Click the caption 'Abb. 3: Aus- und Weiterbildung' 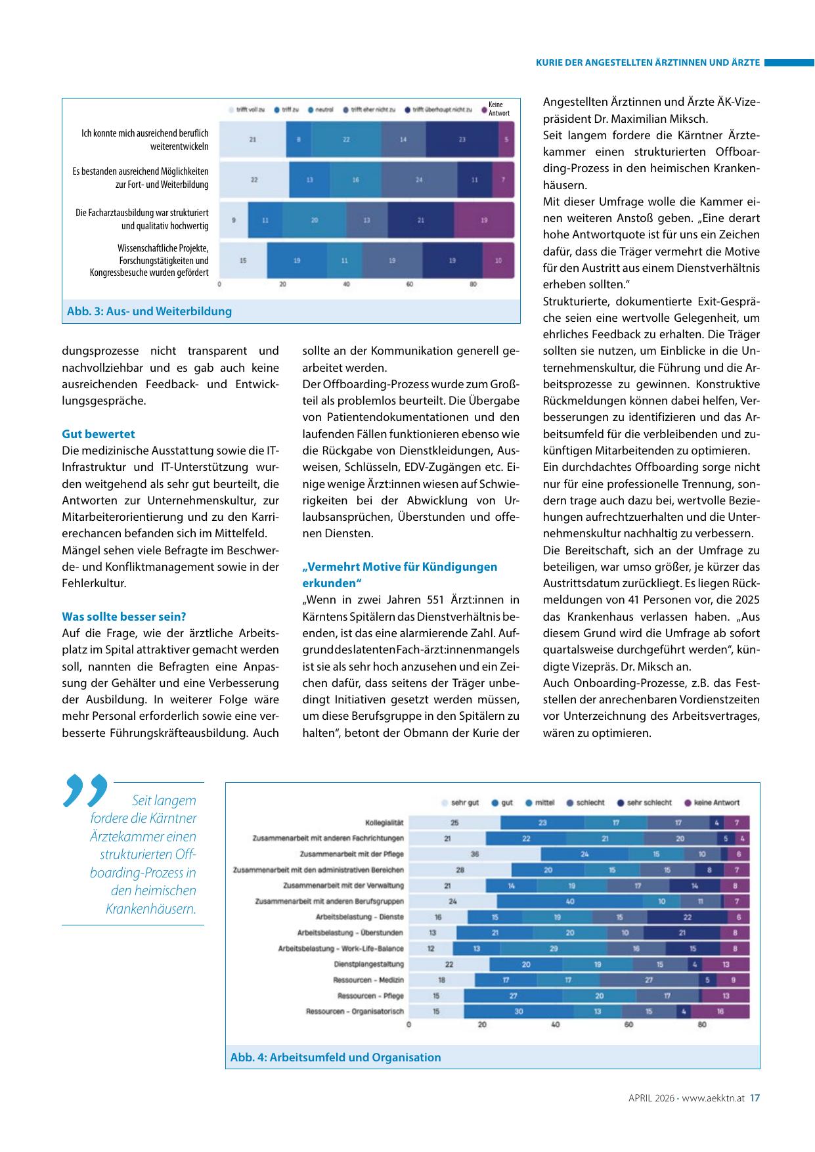149,311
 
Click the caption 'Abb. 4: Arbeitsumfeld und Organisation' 335,1057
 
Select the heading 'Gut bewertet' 99,434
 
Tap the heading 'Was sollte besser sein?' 124,617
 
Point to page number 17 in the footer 755,1097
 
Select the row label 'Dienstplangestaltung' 368,964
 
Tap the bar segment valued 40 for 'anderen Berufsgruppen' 569,901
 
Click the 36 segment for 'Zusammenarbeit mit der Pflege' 475,854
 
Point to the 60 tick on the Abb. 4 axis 628,1025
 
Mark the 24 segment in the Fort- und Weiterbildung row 419,179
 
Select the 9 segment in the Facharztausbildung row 234,220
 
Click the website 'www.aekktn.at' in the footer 713,1097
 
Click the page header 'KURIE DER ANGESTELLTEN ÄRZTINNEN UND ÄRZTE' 648,63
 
